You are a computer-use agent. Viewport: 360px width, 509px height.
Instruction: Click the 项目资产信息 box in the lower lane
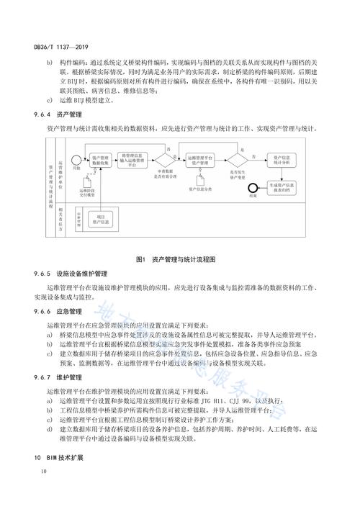(x=101, y=218)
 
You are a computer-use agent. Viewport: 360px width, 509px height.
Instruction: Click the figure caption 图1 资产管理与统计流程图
(x=180, y=258)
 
